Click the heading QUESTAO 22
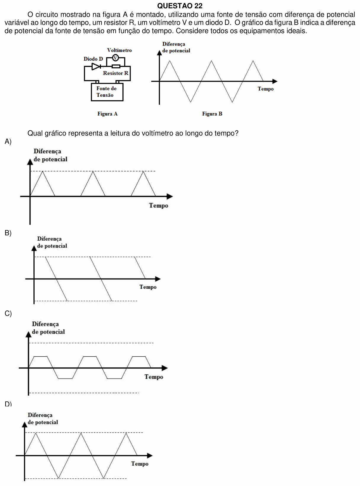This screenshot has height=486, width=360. pyautogui.click(x=180, y=6)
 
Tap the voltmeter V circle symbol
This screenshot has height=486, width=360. pyautogui.click(x=115, y=58)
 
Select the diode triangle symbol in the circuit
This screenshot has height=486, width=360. pyautogui.click(x=96, y=66)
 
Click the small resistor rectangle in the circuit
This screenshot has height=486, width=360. pyautogui.click(x=116, y=66)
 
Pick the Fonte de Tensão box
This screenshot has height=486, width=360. pyautogui.click(x=107, y=92)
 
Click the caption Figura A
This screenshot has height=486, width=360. pyautogui.click(x=107, y=114)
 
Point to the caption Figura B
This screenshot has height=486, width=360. pyautogui.click(x=212, y=114)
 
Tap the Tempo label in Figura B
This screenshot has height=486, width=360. pyautogui.click(x=266, y=89)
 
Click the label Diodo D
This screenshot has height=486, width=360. pyautogui.click(x=93, y=59)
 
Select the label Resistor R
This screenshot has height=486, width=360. pyautogui.click(x=115, y=73)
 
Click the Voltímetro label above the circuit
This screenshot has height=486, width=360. pyautogui.click(x=120, y=50)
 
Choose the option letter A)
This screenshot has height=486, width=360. pyautogui.click(x=8, y=141)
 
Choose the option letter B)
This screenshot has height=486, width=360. pyautogui.click(x=8, y=233)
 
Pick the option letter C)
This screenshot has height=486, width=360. pyautogui.click(x=8, y=313)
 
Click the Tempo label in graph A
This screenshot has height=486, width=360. pyautogui.click(x=158, y=206)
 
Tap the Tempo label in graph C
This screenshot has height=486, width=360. pyautogui.click(x=154, y=377)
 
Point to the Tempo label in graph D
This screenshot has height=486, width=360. pyautogui.click(x=140, y=464)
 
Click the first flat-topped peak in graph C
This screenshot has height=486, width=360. pyautogui.click(x=41, y=357)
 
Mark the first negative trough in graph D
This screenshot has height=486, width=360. pyautogui.click(x=58, y=478)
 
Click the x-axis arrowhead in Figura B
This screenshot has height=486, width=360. pyautogui.click(x=275, y=81)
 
